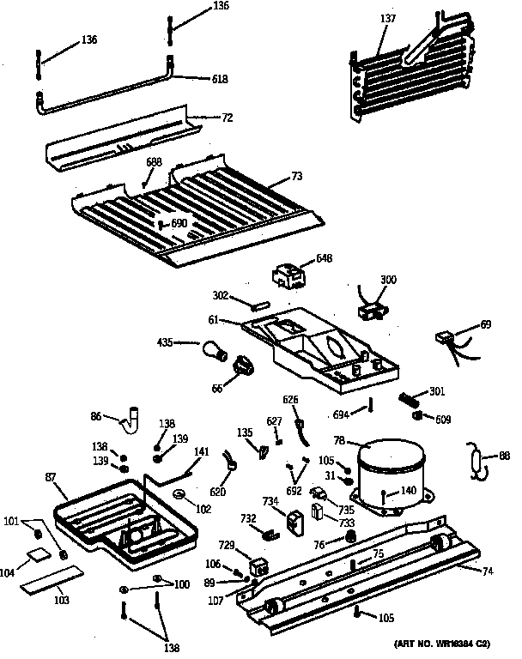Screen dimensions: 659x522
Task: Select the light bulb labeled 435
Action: pos(211,348)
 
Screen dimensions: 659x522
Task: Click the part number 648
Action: pos(324,257)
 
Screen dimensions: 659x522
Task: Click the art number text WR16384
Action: pos(445,644)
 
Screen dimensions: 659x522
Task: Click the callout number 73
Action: pos(296,177)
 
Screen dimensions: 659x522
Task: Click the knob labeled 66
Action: pos(245,368)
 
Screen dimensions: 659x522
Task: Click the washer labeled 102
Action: pos(180,495)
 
